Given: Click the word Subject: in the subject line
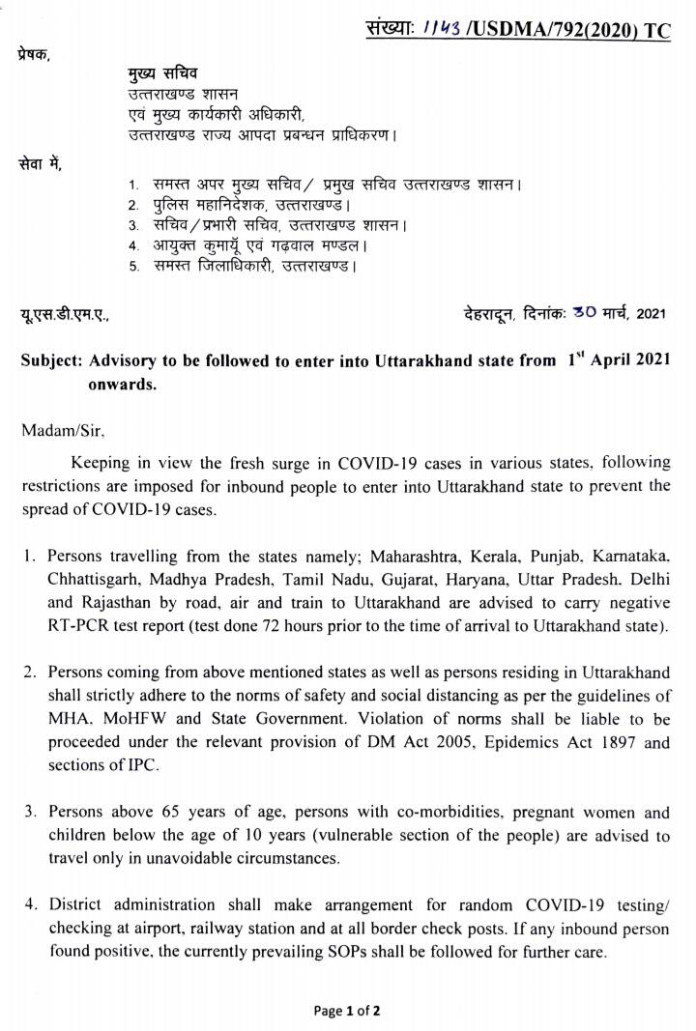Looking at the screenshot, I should (x=52, y=361).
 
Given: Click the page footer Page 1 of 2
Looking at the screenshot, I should (x=347, y=1011).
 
